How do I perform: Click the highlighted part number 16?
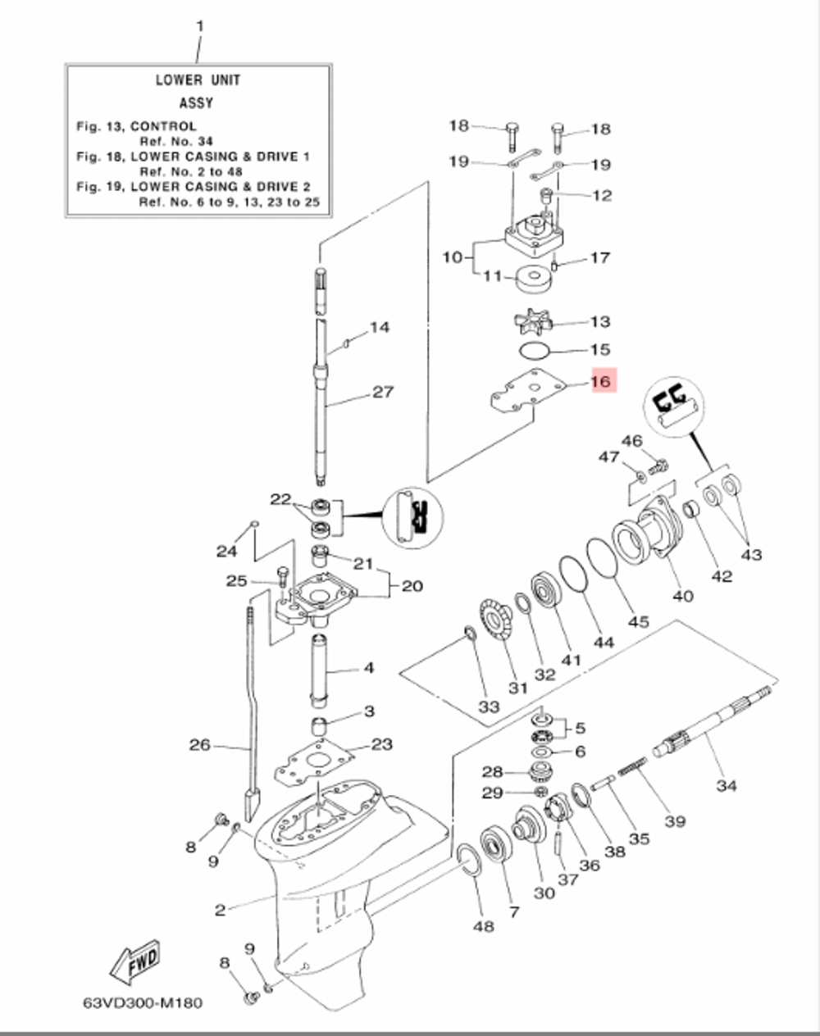[x=601, y=382]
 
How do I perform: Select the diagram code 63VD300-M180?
[x=141, y=1002]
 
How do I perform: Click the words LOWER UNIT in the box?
[x=198, y=80]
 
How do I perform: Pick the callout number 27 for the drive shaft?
[x=383, y=392]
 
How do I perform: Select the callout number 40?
[x=682, y=596]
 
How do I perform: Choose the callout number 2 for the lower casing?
[x=220, y=910]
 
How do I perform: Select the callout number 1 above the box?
[x=198, y=27]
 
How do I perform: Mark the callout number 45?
[x=638, y=622]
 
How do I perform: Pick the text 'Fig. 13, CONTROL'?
[x=136, y=126]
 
